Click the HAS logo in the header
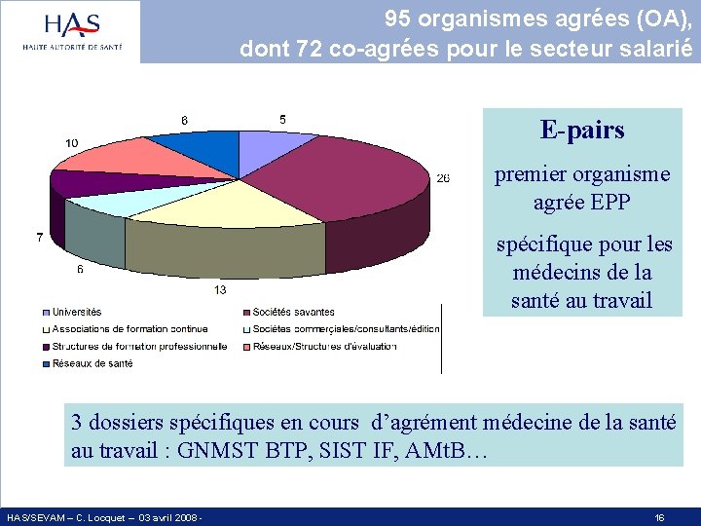pos(73,32)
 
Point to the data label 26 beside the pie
pos(443,178)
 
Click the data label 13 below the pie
pos(221,289)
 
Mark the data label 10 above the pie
pos(72,143)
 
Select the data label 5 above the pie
pos(282,120)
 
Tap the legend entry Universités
pos(76,312)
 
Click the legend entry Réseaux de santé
pos(92,363)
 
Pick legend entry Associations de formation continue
pos(129,329)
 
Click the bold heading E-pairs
pos(582,130)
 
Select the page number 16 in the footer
pos(659,518)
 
